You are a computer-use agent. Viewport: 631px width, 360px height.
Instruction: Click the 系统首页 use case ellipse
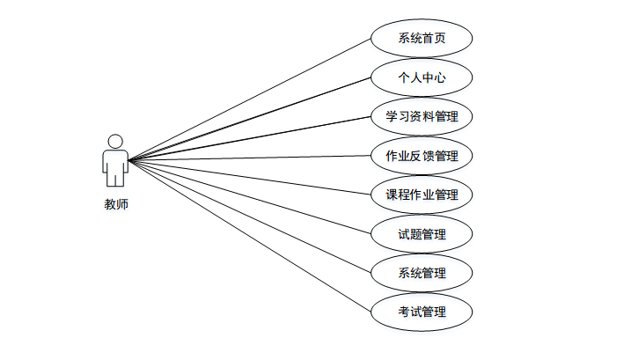click(422, 38)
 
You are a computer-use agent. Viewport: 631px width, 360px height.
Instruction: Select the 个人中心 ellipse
click(422, 77)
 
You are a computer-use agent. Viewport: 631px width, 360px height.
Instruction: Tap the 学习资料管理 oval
click(422, 116)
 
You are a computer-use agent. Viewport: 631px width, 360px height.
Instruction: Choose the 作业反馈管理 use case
click(422, 156)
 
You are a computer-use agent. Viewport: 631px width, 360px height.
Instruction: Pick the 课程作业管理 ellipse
click(422, 195)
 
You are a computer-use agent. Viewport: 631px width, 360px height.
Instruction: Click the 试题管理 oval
click(422, 234)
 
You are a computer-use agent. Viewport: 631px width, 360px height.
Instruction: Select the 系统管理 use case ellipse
click(422, 273)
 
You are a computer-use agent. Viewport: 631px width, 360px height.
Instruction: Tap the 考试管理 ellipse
click(422, 312)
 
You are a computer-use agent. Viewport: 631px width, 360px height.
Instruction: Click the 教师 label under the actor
click(115, 206)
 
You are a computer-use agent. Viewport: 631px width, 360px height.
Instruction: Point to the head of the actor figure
click(115, 141)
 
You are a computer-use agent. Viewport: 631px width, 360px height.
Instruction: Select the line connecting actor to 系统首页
click(250, 100)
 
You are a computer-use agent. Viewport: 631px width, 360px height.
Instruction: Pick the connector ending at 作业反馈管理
click(250, 158)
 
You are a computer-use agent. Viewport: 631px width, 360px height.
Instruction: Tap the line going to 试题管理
click(250, 196)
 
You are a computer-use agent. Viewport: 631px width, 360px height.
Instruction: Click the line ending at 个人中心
click(250, 119)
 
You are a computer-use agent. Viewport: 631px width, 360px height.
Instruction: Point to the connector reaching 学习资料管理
click(250, 138)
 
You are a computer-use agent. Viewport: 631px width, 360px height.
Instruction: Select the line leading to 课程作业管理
click(250, 177)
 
